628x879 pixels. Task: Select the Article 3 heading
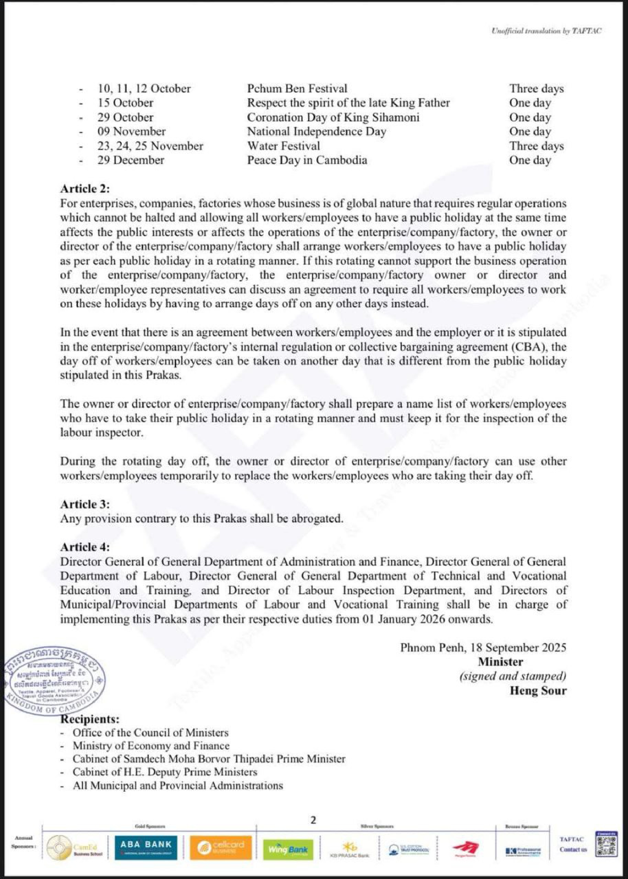pyautogui.click(x=85, y=504)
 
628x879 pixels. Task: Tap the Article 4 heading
pyautogui.click(x=85, y=547)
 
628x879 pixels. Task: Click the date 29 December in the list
pyautogui.click(x=131, y=160)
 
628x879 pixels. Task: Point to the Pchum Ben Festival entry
pyautogui.click(x=297, y=89)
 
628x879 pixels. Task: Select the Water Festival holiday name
pyautogui.click(x=284, y=146)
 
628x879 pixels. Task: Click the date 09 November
pyautogui.click(x=132, y=132)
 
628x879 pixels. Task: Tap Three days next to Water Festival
pyautogui.click(x=536, y=146)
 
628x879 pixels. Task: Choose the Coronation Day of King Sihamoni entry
pyautogui.click(x=333, y=117)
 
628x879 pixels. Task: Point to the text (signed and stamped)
pyautogui.click(x=512, y=676)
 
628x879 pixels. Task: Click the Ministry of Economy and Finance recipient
pyautogui.click(x=151, y=746)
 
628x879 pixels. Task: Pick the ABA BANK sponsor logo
pyautogui.click(x=146, y=848)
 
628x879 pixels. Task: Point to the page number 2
pyautogui.click(x=313, y=820)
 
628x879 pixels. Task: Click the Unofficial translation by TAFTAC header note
pyautogui.click(x=546, y=31)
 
